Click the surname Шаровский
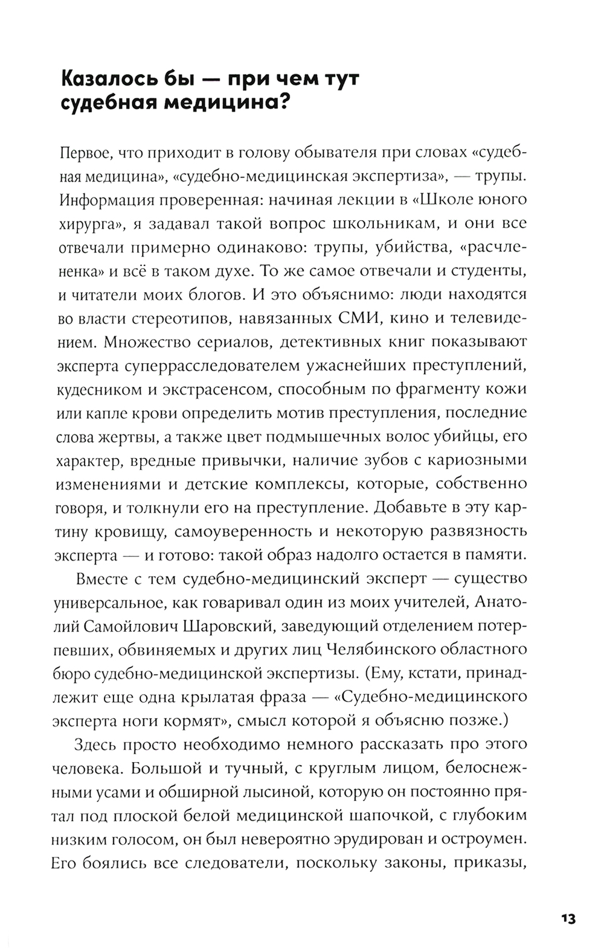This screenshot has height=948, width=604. pyautogui.click(x=226, y=626)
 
